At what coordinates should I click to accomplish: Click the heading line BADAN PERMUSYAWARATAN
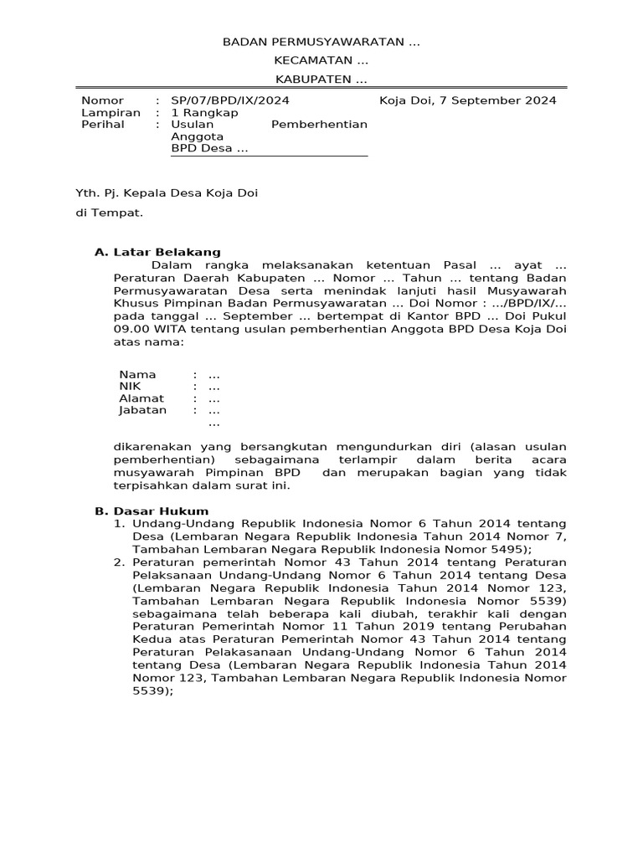[x=321, y=43]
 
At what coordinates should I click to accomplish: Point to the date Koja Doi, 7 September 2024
[x=467, y=101]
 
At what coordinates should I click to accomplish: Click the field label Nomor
[x=102, y=101]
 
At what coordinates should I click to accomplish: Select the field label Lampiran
[x=111, y=113]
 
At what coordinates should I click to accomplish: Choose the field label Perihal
[x=103, y=125]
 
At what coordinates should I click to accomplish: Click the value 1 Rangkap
[x=204, y=113]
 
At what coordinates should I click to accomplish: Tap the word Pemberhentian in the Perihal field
[x=319, y=125]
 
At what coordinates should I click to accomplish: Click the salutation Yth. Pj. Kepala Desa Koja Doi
[x=167, y=193]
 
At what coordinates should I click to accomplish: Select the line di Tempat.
[x=110, y=213]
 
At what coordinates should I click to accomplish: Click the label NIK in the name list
[x=130, y=387]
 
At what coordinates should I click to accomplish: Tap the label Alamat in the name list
[x=141, y=398]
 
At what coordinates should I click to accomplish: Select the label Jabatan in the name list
[x=142, y=410]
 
